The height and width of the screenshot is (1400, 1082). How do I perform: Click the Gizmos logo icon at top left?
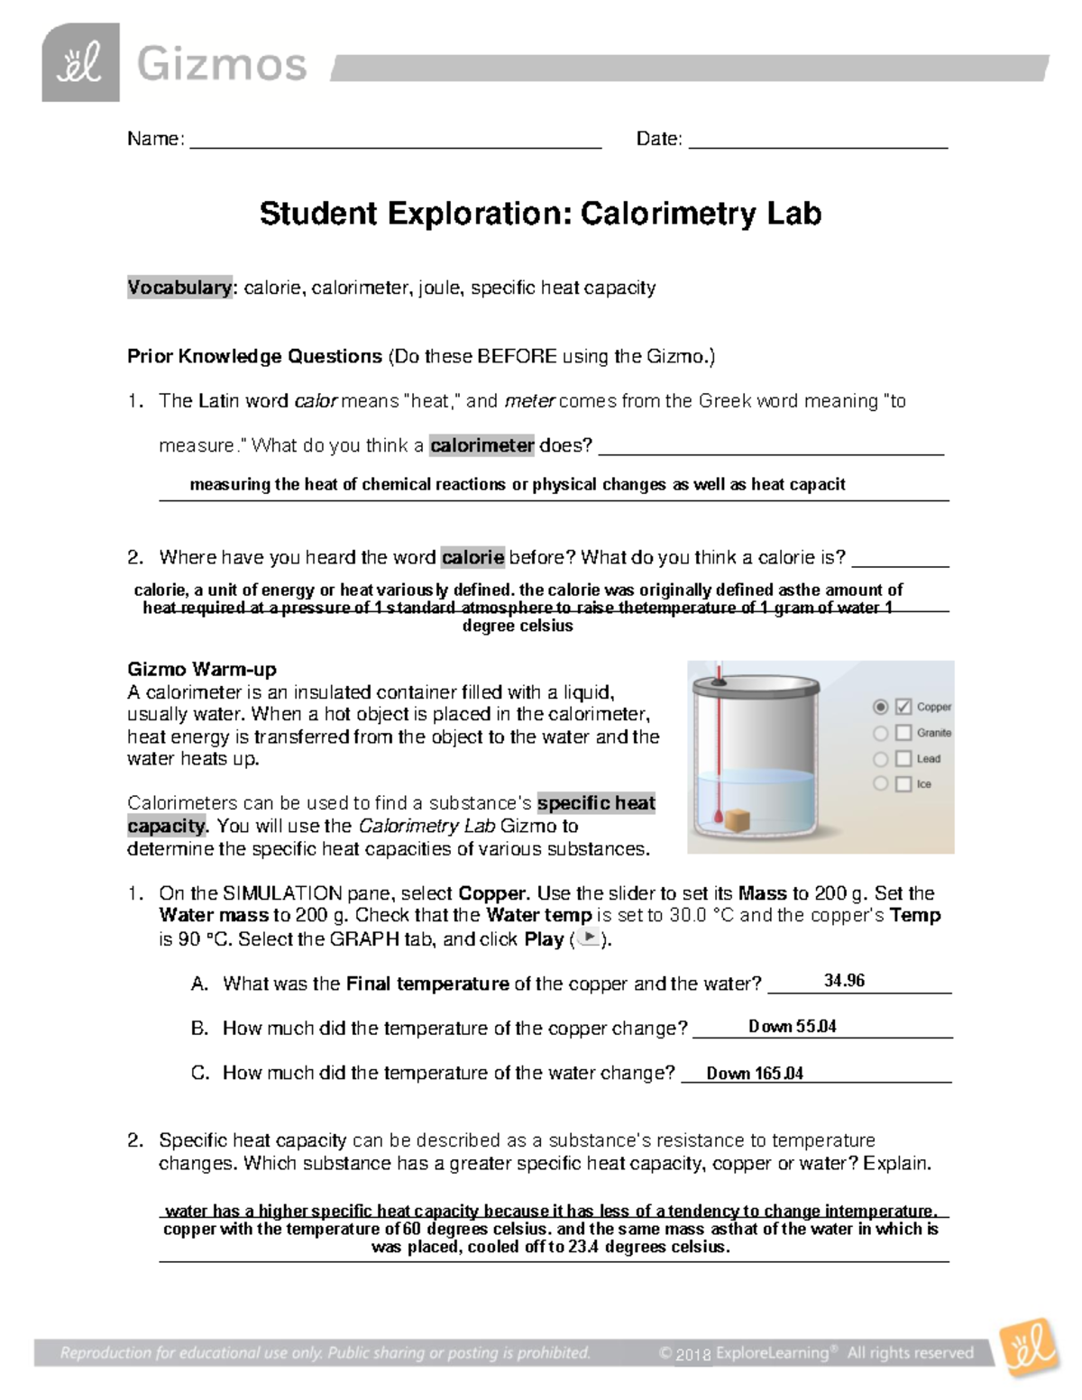pyautogui.click(x=80, y=63)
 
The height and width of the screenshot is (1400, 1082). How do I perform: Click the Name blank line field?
pyautogui.click(x=395, y=140)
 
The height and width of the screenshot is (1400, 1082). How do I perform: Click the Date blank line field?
pyautogui.click(x=818, y=140)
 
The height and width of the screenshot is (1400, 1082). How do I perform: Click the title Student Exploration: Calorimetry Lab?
pyautogui.click(x=540, y=214)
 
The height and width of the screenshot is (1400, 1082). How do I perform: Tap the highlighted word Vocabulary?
pyautogui.click(x=179, y=288)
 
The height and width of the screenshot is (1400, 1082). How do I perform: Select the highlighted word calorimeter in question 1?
pyautogui.click(x=481, y=445)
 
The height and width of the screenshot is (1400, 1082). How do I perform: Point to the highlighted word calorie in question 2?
pyautogui.click(x=472, y=557)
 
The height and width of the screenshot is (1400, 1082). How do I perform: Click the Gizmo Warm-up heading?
pyautogui.click(x=202, y=669)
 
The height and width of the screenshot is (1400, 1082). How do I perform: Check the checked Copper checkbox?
pyautogui.click(x=903, y=708)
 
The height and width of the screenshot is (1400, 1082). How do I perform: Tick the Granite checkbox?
pyautogui.click(x=903, y=734)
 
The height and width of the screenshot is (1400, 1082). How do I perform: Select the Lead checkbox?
pyautogui.click(x=903, y=759)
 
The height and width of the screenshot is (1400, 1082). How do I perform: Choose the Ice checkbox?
pyautogui.click(x=903, y=784)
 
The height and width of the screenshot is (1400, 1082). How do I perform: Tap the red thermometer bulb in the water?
pyautogui.click(x=717, y=819)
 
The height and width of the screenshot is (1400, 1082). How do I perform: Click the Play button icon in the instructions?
pyautogui.click(x=588, y=938)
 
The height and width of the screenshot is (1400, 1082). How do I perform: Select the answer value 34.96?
pyautogui.click(x=844, y=981)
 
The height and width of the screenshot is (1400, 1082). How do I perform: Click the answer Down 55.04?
pyautogui.click(x=792, y=1027)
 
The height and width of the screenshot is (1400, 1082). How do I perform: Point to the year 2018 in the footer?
pyautogui.click(x=693, y=1354)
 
